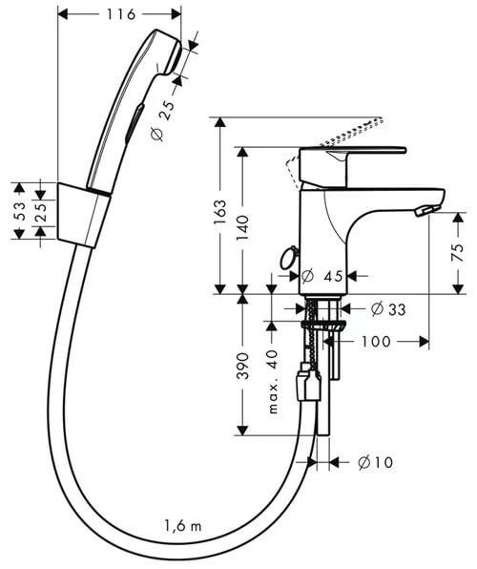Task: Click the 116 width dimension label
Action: click(x=121, y=14)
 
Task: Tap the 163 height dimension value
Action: click(x=220, y=212)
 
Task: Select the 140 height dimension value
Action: click(x=243, y=228)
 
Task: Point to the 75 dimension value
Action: click(x=459, y=253)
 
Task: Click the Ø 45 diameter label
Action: click(x=322, y=276)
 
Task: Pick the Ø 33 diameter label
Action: click(x=388, y=309)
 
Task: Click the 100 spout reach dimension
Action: click(x=376, y=342)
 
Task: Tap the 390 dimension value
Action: click(x=243, y=366)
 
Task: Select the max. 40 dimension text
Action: click(x=273, y=381)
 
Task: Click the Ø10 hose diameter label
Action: click(x=375, y=462)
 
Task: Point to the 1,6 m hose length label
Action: click(x=183, y=525)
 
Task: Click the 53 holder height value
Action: click(x=19, y=212)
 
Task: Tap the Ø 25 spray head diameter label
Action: click(x=162, y=121)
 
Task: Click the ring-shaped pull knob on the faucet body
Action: click(x=288, y=257)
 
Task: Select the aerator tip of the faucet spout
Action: click(x=427, y=210)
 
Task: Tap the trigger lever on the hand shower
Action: click(x=135, y=123)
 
